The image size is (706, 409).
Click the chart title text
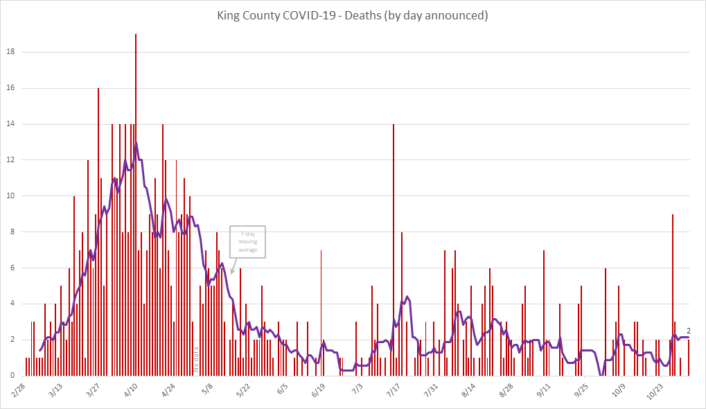coord(353,16)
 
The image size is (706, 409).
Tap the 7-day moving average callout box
coord(248,243)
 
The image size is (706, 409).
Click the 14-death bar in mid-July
coord(394,250)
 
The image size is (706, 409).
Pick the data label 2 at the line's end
coord(689,331)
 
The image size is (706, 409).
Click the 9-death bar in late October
coord(672,295)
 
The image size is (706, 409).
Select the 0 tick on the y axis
coord(13,375)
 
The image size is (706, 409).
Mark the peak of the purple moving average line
coord(136,143)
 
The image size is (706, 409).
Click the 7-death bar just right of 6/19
coord(321,312)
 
